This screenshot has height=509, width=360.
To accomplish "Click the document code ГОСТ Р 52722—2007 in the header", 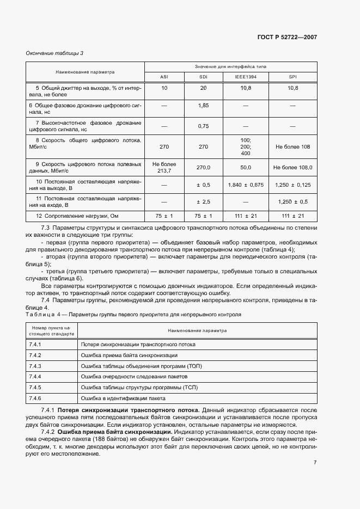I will click(x=287, y=38).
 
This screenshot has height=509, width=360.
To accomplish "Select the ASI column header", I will click(x=164, y=77).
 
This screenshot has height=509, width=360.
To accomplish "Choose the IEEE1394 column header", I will click(x=245, y=77).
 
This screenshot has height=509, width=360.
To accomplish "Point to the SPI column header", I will click(x=292, y=77).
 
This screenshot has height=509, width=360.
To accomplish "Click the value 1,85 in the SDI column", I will click(x=204, y=105).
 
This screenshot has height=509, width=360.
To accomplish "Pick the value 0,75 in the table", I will click(x=204, y=126).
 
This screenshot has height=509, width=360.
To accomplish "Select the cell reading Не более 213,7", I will click(x=164, y=168).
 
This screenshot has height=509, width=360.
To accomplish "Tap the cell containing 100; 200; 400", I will click(x=245, y=147).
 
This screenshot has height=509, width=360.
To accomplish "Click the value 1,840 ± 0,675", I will click(x=245, y=185).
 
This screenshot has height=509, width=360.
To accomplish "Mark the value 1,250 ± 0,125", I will click(x=292, y=185).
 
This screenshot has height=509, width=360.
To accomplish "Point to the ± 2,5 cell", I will click(x=204, y=202).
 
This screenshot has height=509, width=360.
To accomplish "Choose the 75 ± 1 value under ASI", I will click(x=164, y=216).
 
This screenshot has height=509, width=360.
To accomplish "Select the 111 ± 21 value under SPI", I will click(x=292, y=216).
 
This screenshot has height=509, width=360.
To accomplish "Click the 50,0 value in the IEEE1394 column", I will click(x=245, y=168).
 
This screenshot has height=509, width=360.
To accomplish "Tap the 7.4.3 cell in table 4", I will click(x=35, y=366).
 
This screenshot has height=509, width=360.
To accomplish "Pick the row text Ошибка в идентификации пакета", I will click(x=123, y=398).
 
